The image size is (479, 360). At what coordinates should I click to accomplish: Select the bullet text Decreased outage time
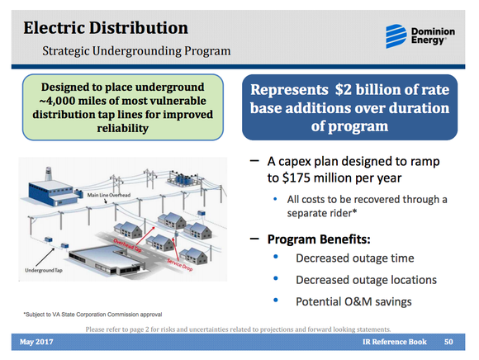(x=356, y=259)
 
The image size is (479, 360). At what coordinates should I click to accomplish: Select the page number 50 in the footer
(x=448, y=342)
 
